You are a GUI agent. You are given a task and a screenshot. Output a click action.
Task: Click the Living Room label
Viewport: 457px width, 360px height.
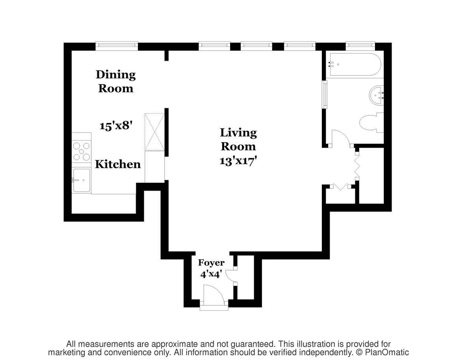coord(238,139)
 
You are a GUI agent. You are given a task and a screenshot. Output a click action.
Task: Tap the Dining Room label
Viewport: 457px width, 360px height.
coord(116,81)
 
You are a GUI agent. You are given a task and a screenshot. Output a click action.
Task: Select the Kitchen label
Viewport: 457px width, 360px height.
coord(118,164)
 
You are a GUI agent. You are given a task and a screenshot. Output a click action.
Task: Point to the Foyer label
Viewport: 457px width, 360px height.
coord(211,262)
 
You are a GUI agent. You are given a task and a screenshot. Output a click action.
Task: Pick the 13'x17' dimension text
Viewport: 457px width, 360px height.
coord(238,161)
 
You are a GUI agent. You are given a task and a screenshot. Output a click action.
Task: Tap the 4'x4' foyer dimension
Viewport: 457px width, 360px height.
coord(211,274)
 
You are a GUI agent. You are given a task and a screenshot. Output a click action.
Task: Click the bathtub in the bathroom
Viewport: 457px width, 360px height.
coord(355,65)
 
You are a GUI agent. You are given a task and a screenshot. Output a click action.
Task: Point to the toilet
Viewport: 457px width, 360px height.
coord(372,123)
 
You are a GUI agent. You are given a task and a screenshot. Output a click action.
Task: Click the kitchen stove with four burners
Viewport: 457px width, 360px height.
coord(81,151)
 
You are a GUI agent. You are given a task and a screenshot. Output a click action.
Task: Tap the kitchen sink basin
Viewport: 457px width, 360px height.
coord(82,180)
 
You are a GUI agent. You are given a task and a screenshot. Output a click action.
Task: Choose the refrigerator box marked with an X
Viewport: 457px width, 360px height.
coord(154,132)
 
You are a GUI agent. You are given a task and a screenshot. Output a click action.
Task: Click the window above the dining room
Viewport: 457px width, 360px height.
coord(117,45)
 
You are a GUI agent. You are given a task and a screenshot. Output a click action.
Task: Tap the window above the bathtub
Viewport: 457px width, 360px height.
coord(360,44)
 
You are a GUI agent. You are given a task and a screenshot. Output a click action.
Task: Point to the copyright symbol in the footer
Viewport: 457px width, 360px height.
coord(359,353)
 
